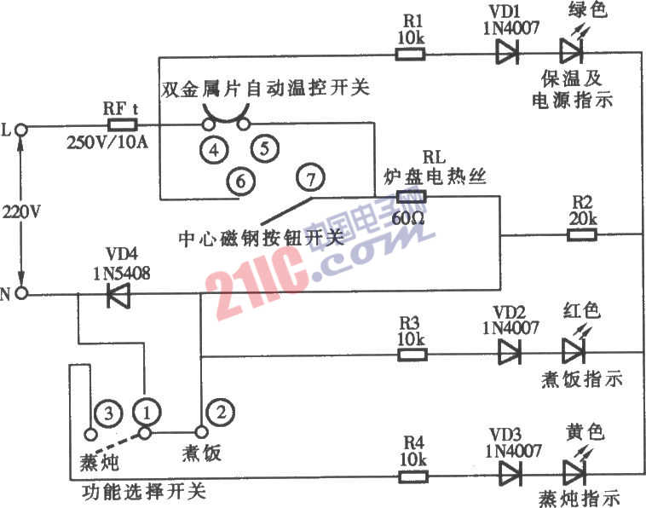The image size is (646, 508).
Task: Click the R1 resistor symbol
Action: coord(410,54)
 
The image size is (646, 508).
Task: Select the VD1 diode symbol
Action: coord(507,52)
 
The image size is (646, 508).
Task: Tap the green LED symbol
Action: coord(572,48)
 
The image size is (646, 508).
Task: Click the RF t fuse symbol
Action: coord(123,124)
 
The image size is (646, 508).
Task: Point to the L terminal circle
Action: coord(21,130)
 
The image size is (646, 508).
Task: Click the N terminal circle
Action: coord(21,293)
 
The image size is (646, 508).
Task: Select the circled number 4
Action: coord(214,150)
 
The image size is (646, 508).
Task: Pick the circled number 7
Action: coord(310,178)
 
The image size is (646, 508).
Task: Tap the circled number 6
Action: coord(241,181)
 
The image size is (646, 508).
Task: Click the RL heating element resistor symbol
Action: coord(411,197)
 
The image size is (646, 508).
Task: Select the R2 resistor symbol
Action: coord(582,235)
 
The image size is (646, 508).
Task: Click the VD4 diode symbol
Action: coord(118,295)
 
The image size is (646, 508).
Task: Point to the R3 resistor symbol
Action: coord(412,355)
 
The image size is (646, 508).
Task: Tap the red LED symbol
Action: coord(575,346)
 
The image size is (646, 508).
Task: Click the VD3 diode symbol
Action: coord(510,474)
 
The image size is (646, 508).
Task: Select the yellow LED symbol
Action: coord(576,468)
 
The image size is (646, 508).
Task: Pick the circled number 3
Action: coord(108,413)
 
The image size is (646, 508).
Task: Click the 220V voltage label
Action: coord(21,211)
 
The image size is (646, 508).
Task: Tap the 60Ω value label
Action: coord(408,218)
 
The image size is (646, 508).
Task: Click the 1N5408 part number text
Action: coord(122,273)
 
